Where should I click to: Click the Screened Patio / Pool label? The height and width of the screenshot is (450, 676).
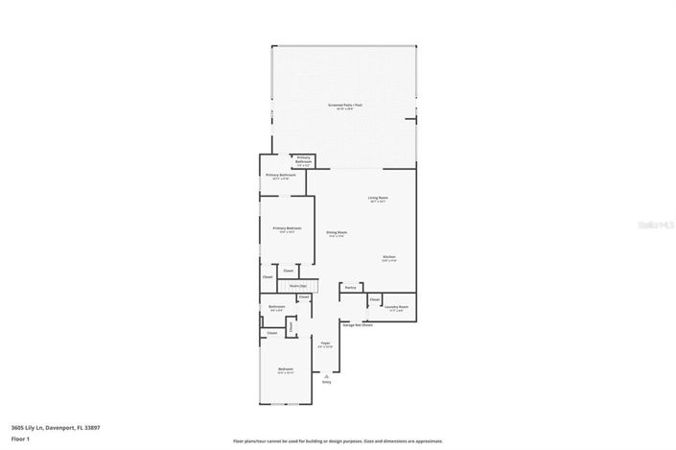(x=345, y=107)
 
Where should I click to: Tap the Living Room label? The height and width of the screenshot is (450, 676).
(x=378, y=199)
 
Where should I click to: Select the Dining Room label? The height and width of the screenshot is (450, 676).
(x=336, y=232)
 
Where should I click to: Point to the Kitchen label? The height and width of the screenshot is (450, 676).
(x=389, y=257)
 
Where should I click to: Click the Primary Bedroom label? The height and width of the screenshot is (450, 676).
(x=287, y=228)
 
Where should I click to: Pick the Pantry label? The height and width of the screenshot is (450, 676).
(x=350, y=287)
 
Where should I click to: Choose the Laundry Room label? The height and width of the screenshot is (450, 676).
(x=396, y=307)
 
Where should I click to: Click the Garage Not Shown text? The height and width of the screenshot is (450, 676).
(x=358, y=324)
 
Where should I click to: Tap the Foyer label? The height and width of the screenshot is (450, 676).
(x=325, y=343)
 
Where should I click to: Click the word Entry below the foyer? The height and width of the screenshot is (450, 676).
(x=326, y=382)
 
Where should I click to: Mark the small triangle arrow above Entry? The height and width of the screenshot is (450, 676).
(x=326, y=375)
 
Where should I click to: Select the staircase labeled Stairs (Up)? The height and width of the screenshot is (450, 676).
(x=297, y=286)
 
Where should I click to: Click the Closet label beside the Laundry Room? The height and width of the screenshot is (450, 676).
(x=374, y=299)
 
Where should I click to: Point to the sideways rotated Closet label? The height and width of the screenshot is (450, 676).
(x=268, y=278)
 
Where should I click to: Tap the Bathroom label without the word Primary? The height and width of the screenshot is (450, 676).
(x=276, y=307)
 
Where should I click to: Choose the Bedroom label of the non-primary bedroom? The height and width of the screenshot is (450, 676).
(x=286, y=369)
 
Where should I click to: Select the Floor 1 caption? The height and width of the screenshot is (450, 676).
(x=20, y=438)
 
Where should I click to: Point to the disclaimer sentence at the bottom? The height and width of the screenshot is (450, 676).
(x=338, y=440)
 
